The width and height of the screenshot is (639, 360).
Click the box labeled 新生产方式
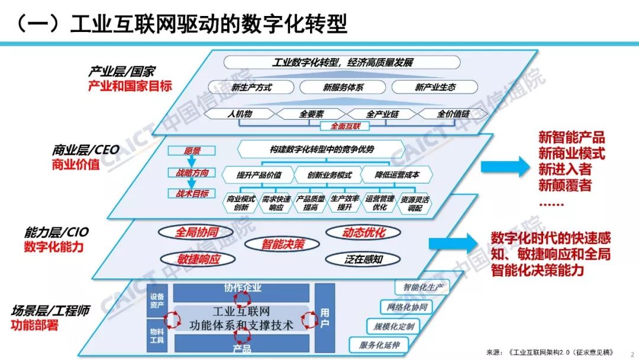pos(251,88)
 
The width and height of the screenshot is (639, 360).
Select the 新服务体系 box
pos(343,88)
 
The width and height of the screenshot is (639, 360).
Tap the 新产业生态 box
pos(435,88)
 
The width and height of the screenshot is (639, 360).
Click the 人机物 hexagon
pos(240,114)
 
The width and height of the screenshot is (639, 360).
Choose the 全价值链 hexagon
pos(453,114)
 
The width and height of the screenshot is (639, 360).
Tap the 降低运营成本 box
pos(397,175)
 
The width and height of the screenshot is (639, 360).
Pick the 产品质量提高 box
pos(311,203)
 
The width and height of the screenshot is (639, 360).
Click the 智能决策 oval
pos(283,243)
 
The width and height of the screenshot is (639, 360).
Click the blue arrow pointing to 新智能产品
pos(504,167)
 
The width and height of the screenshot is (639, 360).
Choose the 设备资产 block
pos(157,300)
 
